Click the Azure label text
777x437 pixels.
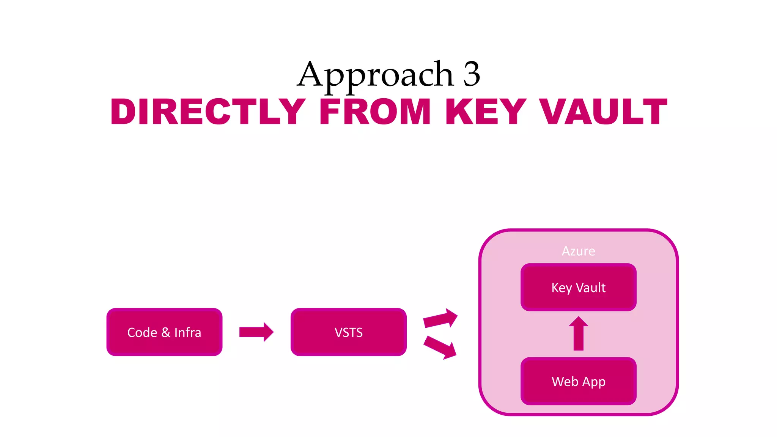[578, 251]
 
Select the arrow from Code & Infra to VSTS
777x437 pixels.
[256, 332]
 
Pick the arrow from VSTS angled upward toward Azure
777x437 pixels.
[440, 318]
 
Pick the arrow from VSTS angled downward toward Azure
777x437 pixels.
[440, 347]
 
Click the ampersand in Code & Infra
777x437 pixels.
[165, 332]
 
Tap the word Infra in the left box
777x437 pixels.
[187, 332]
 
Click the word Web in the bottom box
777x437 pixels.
[565, 381]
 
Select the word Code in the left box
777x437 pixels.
[142, 332]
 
